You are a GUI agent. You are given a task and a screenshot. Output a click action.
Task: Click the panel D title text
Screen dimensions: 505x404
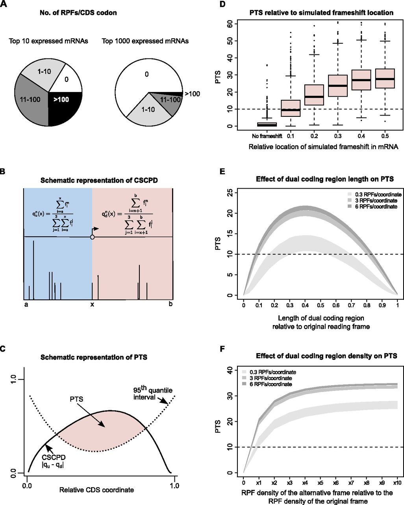coord(321,13)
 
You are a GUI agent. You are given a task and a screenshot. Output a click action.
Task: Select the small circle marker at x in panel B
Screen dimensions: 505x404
coord(92,237)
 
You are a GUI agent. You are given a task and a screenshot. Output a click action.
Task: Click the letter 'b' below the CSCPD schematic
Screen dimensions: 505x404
coord(170,304)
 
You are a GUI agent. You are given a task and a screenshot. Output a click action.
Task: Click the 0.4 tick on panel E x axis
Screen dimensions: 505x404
coord(305,305)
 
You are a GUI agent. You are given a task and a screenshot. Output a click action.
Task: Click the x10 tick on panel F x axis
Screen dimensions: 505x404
coord(397,483)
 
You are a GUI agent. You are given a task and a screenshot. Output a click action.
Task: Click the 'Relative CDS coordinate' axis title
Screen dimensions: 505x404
coord(96,490)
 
